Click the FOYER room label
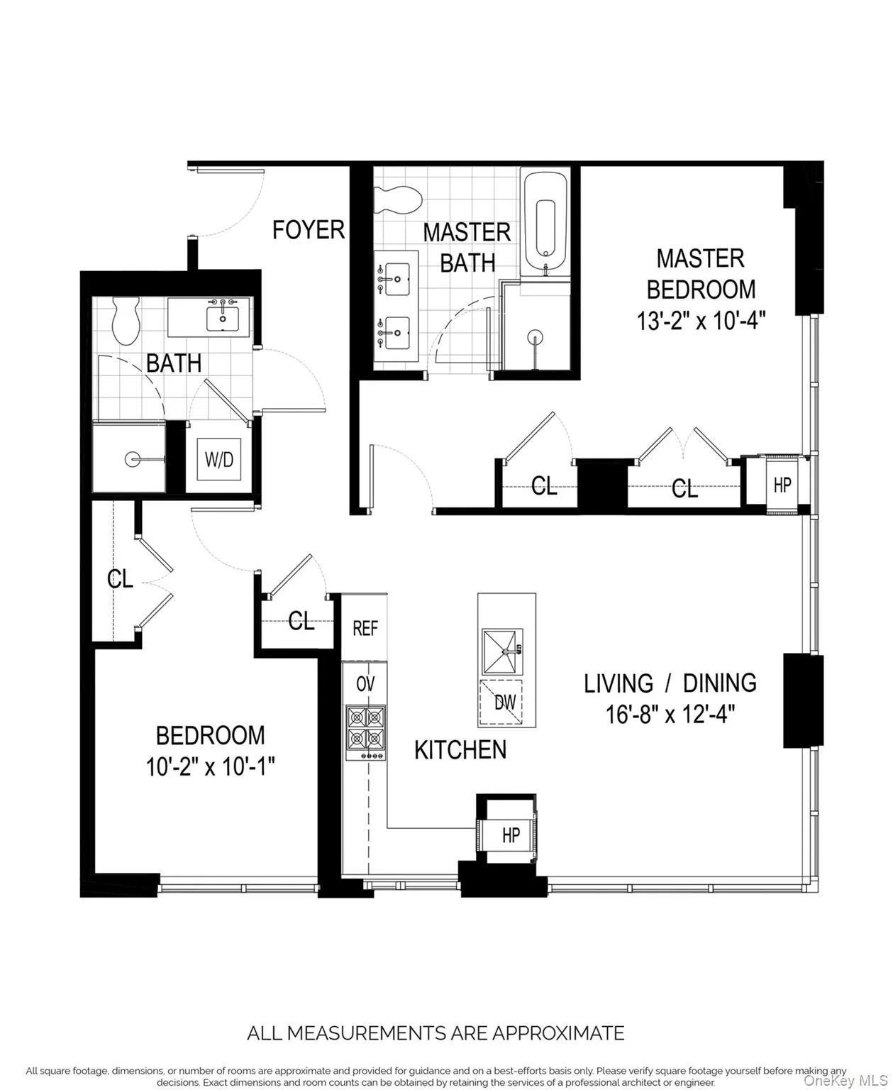[x=309, y=230]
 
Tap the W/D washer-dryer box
[x=218, y=460]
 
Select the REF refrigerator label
[x=365, y=628]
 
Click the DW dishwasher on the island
[x=504, y=702]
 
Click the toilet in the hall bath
[x=128, y=321]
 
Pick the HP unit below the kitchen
[x=511, y=835]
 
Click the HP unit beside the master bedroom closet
[x=782, y=485]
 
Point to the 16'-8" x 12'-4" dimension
[x=670, y=714]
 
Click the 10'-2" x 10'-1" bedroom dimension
[x=210, y=767]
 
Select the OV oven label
[x=365, y=684]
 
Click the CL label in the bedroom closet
[x=120, y=579]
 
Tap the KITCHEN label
[x=460, y=749]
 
